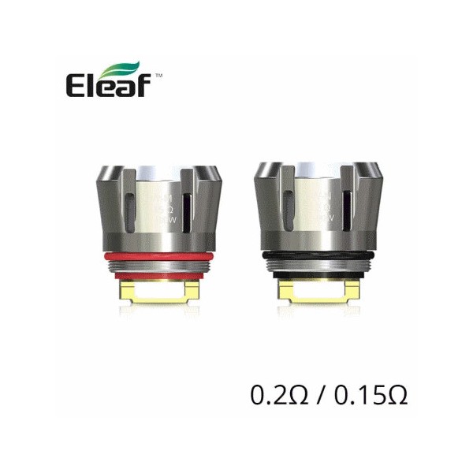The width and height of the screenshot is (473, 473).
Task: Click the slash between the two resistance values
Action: coord(317,393)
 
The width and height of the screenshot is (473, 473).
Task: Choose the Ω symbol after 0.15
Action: coord(397,393)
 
